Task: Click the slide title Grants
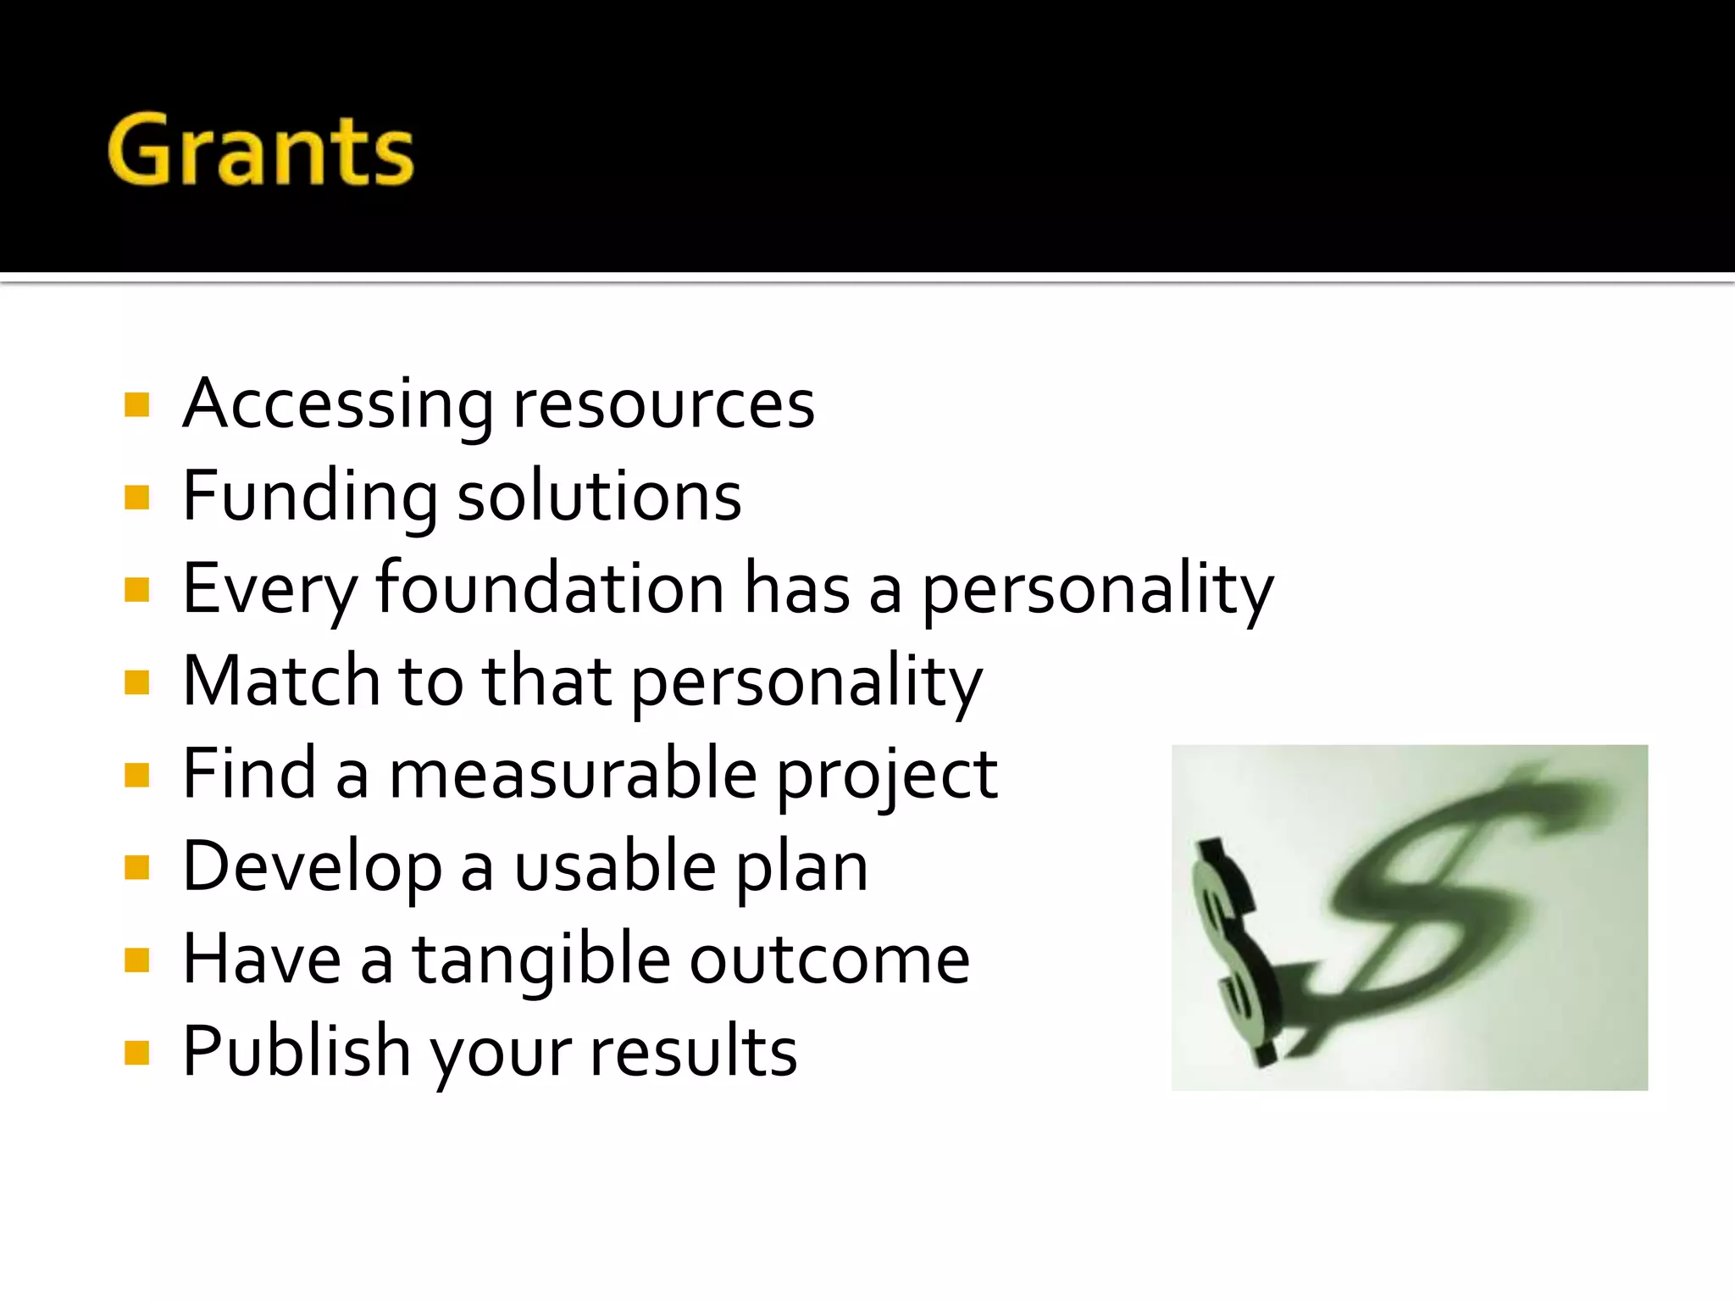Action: click(x=260, y=150)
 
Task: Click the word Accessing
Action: click(x=338, y=404)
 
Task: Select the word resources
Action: click(x=663, y=404)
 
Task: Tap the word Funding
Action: click(x=310, y=497)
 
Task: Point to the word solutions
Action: click(x=599, y=497)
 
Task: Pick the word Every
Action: click(x=269, y=590)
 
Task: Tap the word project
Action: click(x=887, y=775)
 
